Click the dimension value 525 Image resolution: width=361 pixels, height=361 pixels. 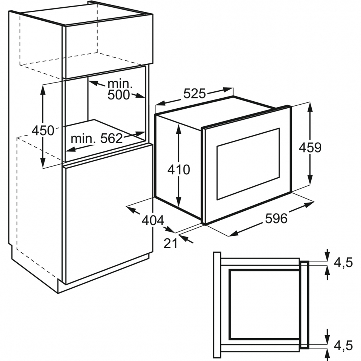[x=194, y=94]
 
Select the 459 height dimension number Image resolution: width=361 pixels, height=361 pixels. [x=310, y=147]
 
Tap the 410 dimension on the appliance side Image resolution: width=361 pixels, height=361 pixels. [x=179, y=169]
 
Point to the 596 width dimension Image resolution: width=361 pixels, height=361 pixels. [x=276, y=218]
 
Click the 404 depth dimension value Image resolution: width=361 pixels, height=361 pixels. [x=153, y=221]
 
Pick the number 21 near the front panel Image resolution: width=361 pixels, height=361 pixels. [x=171, y=243]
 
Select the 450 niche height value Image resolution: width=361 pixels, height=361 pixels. [x=43, y=130]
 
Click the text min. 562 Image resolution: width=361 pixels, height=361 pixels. [x=97, y=139]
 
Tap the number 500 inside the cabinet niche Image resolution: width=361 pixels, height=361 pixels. [x=119, y=95]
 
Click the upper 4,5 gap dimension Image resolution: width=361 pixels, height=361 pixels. [x=343, y=263]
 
